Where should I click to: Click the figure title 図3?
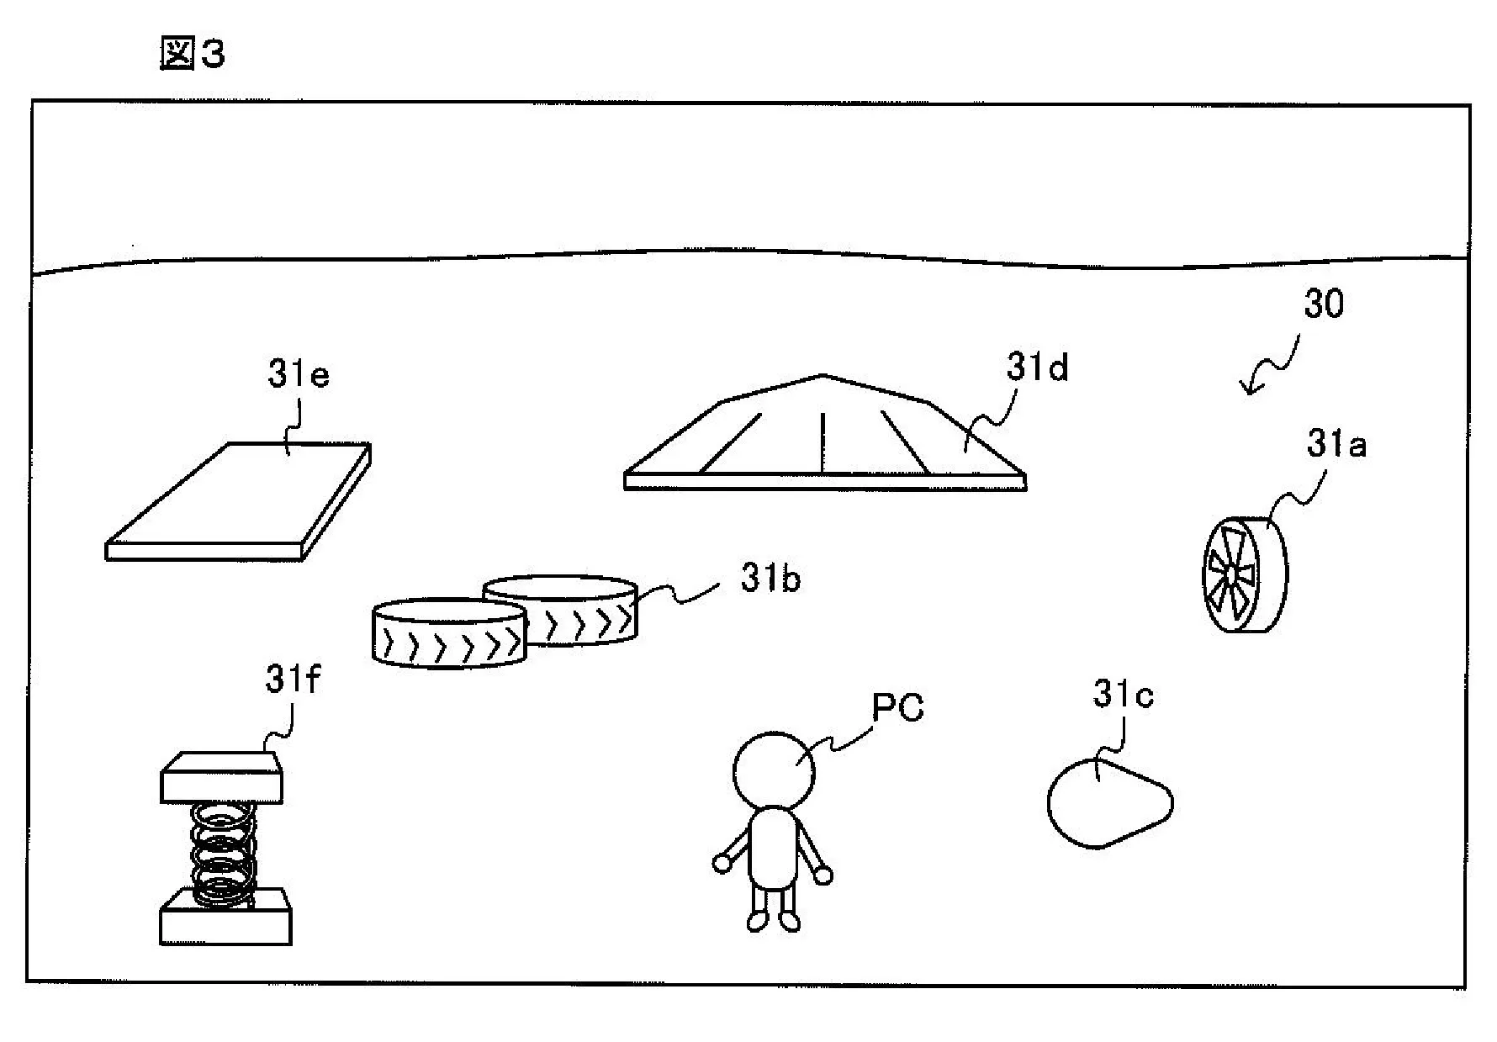192,55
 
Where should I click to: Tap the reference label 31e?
298,374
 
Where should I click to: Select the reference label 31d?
1037,368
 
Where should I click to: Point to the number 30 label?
1323,304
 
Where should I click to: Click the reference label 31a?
1336,444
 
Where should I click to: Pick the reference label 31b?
770,579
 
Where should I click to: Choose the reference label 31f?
292,680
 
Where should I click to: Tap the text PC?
897,708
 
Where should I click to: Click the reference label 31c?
1123,695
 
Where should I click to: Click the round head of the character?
774,770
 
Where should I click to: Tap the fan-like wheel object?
1245,574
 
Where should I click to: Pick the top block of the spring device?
221,777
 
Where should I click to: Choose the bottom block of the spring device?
225,918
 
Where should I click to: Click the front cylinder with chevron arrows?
449,637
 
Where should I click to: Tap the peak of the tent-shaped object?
823,376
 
